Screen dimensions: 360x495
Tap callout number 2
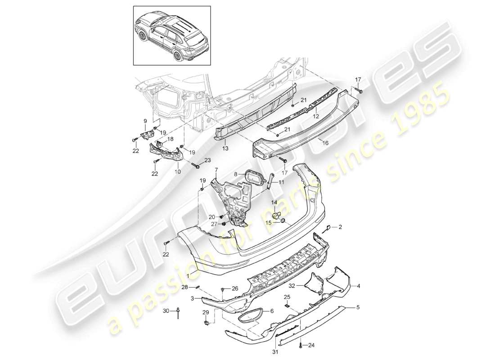coord(340,227)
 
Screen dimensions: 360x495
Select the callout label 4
coord(359,285)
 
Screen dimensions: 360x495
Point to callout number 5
coord(358,307)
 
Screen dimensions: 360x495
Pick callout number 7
coord(216,170)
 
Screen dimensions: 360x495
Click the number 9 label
coord(145,121)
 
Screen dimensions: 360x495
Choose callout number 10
coord(178,171)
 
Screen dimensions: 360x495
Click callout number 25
coord(287,297)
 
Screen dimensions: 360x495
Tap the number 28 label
coord(197,287)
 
